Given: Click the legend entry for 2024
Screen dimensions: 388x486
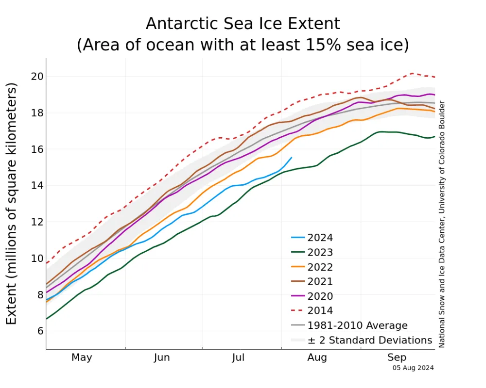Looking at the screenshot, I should click(x=321, y=238).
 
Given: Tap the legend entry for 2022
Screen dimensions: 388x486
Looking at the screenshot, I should click(x=321, y=267).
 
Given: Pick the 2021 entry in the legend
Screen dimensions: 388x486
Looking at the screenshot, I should click(x=321, y=281).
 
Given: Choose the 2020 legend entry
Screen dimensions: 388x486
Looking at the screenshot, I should click(x=321, y=296).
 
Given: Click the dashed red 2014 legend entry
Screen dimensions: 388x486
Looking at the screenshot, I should click(x=321, y=310).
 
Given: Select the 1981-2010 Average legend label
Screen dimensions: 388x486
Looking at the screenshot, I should click(x=358, y=325).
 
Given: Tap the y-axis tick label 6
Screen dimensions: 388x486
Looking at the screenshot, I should click(x=39, y=331).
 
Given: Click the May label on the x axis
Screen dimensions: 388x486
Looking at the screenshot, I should click(x=82, y=358).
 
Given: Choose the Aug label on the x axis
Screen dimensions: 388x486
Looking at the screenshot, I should click(x=317, y=358).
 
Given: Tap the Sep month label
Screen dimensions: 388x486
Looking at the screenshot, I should click(x=397, y=358).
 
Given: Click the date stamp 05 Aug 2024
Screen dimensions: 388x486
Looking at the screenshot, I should click(x=413, y=368).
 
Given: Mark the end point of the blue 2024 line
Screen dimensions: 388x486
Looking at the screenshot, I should click(x=292, y=157).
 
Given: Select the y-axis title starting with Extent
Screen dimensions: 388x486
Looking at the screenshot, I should click(x=12, y=204).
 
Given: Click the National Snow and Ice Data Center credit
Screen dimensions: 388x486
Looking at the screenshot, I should click(x=442, y=224).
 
